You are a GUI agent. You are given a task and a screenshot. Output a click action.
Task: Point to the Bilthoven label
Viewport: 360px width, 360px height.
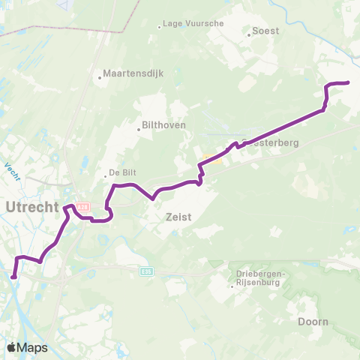pyautogui.click(x=163, y=125)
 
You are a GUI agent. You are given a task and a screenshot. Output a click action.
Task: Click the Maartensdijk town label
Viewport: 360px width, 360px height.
pyautogui.click(x=133, y=73)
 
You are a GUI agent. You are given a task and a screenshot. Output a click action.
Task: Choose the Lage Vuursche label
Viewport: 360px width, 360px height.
pyautogui.click(x=194, y=24)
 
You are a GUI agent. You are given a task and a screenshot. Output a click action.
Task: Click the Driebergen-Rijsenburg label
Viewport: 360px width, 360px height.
pyautogui.click(x=259, y=278)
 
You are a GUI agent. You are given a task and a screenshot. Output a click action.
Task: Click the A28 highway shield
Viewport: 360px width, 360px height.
pyautogui.click(x=83, y=206)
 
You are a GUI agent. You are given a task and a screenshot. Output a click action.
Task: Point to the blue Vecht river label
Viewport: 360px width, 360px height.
pyautogui.click(x=12, y=170)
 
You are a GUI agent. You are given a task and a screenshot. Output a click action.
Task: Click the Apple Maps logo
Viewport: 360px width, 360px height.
pyautogui.click(x=26, y=347)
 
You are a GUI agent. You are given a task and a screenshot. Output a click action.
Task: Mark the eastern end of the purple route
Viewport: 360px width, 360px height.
pyautogui.click(x=349, y=82)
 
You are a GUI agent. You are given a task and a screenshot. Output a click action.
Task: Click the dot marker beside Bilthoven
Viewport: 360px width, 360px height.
pyautogui.click(x=139, y=129)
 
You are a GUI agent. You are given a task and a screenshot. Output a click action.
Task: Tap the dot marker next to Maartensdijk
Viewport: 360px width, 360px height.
pyautogui.click(x=100, y=76)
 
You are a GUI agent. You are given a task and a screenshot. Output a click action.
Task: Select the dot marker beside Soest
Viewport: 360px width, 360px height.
pyautogui.click(x=249, y=33)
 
